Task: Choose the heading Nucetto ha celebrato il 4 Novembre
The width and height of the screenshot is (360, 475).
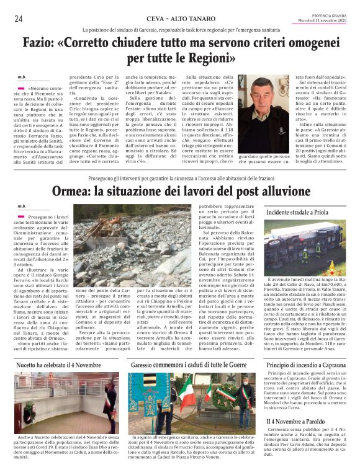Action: point(58,365)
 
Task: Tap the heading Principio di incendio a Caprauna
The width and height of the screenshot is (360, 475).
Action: point(305,365)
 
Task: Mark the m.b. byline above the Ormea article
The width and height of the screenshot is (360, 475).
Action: point(22,189)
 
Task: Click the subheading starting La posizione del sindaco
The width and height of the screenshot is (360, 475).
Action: point(179,30)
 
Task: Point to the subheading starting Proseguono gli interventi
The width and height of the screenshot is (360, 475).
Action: point(179,160)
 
